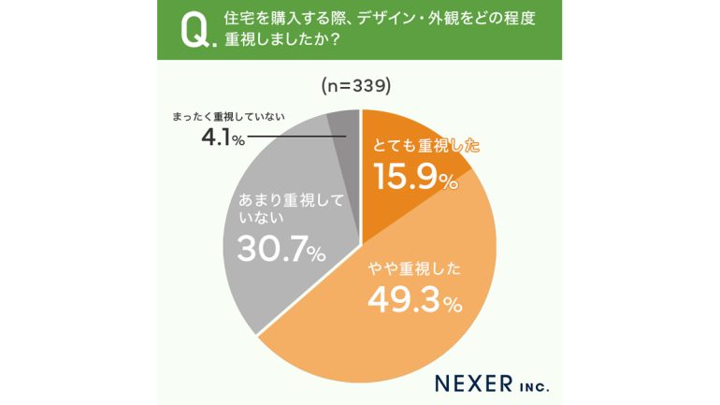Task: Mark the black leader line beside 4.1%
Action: click(295, 138)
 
